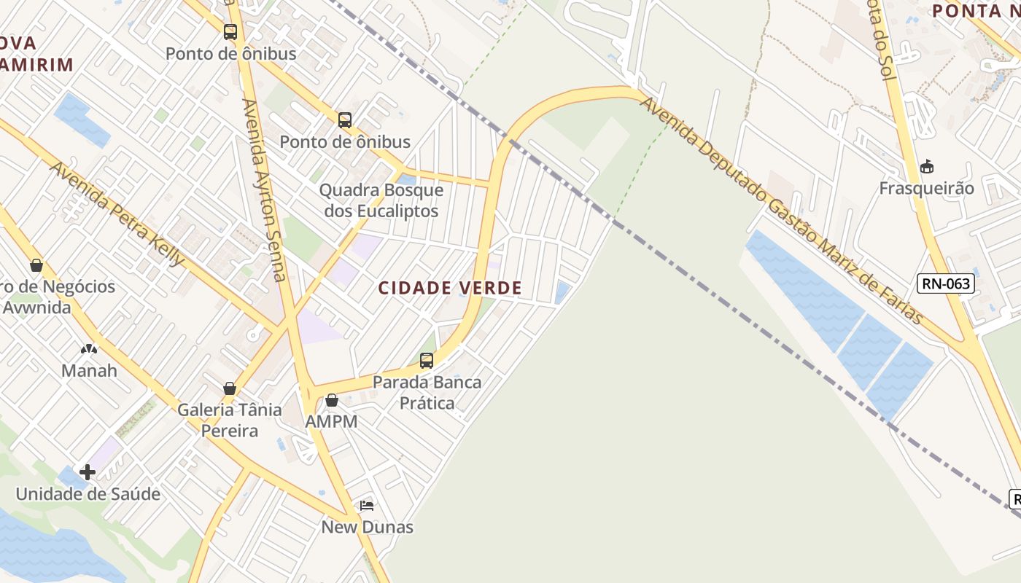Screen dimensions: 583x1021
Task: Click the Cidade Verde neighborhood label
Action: pos(450,288)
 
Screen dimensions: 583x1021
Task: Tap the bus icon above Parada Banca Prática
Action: pos(427,360)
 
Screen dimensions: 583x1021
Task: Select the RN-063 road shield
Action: pos(946,283)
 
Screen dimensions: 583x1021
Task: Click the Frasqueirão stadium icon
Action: pos(926,167)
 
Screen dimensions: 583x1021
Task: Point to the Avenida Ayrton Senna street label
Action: pos(263,189)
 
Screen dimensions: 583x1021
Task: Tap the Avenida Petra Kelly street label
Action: pos(117,214)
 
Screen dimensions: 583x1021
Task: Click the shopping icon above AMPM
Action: pos(332,400)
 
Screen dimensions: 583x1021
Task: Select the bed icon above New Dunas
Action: pos(367,506)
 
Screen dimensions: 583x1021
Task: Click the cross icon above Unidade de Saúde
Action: pos(88,472)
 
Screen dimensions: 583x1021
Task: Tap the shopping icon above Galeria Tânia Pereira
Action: pos(230,388)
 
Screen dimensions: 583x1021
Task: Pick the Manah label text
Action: pos(89,370)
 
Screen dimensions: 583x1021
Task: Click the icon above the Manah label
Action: pos(89,349)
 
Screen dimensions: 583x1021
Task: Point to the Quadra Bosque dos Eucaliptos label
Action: pos(381,200)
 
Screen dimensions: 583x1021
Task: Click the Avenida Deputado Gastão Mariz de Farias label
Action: pos(781,212)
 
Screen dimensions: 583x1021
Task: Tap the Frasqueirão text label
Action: pos(926,188)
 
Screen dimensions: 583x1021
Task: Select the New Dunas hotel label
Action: pos(368,527)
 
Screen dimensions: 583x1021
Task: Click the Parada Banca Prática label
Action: pos(427,392)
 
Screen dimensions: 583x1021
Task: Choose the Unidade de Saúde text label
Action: pos(88,494)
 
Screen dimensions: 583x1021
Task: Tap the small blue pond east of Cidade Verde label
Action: pos(562,292)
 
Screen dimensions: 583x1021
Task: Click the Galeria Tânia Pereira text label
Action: pos(230,420)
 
